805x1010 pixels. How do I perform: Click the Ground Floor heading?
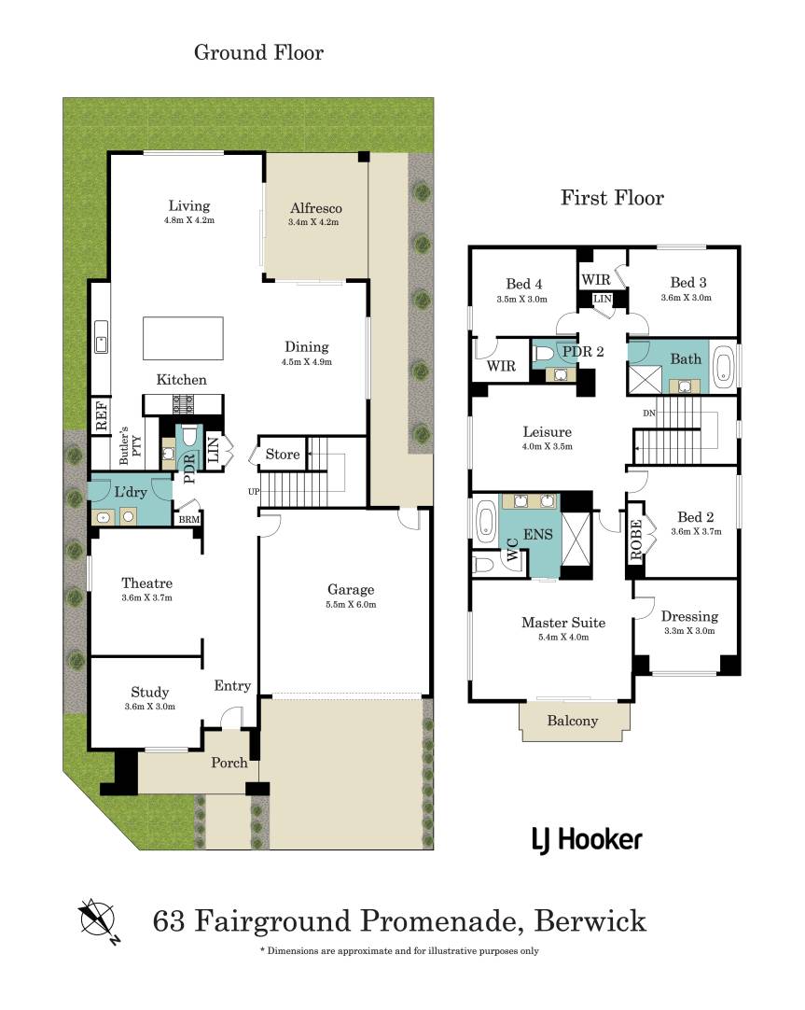(x=258, y=52)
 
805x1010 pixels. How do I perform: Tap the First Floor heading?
(x=612, y=198)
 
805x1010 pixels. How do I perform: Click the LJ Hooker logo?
(x=587, y=840)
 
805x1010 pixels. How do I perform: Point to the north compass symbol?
(x=99, y=919)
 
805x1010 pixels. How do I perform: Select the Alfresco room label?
(x=315, y=208)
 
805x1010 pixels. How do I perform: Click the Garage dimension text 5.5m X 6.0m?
(x=351, y=605)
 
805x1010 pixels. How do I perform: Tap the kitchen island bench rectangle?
(x=183, y=338)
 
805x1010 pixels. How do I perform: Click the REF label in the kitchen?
(x=101, y=414)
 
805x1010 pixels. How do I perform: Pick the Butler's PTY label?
(x=130, y=445)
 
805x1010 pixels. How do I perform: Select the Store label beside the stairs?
(x=283, y=454)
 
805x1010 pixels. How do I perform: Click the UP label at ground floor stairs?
(x=254, y=492)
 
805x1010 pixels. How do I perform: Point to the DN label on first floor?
(x=648, y=413)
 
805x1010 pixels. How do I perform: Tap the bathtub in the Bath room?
(x=723, y=367)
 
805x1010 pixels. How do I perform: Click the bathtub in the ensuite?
(x=484, y=523)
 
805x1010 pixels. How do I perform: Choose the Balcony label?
(x=572, y=721)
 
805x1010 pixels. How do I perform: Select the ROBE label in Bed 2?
(x=636, y=540)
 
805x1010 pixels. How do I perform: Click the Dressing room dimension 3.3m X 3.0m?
(x=689, y=631)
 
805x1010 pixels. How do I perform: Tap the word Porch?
(x=229, y=763)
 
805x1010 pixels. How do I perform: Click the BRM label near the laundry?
(x=189, y=519)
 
